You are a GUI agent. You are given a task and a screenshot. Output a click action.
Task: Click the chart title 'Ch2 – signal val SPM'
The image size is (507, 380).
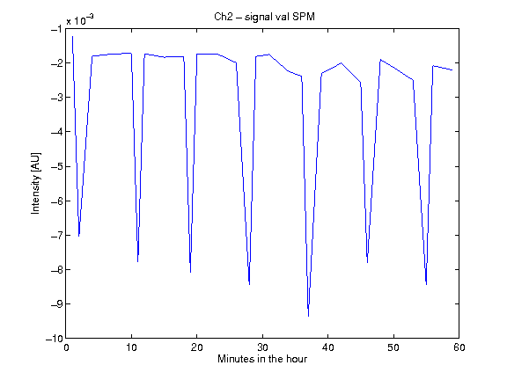[x=264, y=17]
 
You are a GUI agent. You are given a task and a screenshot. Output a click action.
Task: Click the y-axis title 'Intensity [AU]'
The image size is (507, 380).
[x=35, y=183]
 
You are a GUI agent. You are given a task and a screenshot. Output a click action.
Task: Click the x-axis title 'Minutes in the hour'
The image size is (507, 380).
[x=262, y=359]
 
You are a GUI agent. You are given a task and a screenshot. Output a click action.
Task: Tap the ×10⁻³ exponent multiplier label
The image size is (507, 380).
[x=80, y=20]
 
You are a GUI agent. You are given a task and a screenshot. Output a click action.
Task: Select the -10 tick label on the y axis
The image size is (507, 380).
[x=54, y=339]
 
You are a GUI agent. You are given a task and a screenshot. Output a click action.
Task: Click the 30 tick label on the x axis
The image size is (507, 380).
[x=262, y=347]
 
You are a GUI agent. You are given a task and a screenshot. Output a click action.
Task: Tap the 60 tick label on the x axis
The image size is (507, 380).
[x=459, y=347]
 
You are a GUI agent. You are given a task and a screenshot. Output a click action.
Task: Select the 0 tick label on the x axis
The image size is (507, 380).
[x=66, y=347]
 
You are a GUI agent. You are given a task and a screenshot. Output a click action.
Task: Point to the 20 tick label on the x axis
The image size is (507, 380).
[x=197, y=347]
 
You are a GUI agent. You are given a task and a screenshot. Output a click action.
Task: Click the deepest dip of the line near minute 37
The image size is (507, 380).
[x=308, y=316]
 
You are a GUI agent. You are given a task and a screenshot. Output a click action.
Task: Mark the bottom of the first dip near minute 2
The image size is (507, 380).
[x=79, y=236]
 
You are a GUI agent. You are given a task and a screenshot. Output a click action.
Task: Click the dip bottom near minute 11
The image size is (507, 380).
[x=137, y=261]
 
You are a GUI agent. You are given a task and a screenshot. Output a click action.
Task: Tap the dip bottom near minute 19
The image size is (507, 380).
[x=190, y=272]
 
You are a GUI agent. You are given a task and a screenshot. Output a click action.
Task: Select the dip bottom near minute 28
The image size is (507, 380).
[x=249, y=284]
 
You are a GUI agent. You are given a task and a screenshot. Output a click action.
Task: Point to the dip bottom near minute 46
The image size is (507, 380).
[x=367, y=262]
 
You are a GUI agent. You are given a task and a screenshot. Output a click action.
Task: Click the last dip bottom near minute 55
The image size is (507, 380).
[x=427, y=284]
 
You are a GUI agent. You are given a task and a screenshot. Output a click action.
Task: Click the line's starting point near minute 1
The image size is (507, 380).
[x=72, y=37]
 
